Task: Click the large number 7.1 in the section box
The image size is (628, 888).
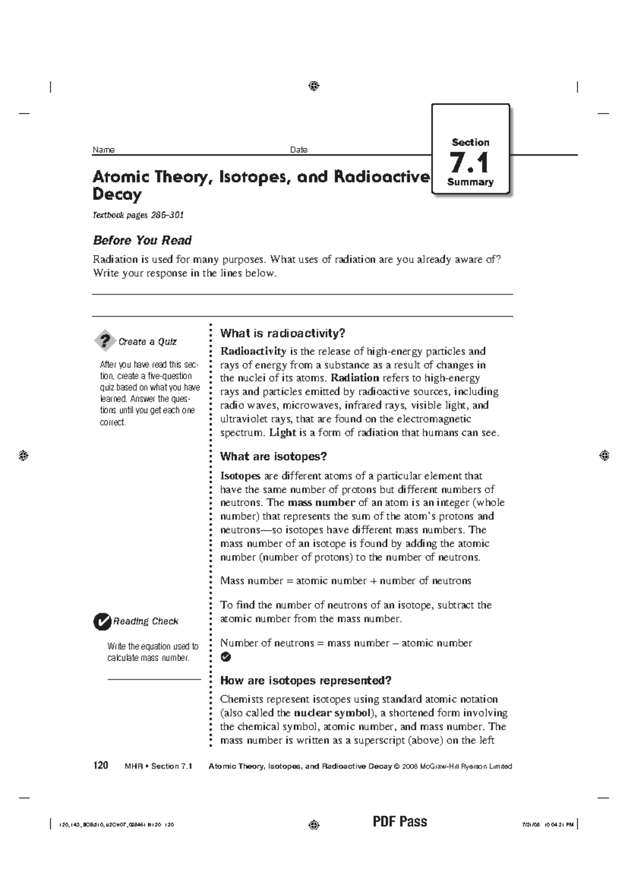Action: tap(469, 163)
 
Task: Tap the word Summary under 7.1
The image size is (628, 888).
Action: tap(470, 182)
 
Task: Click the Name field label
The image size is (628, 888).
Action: tap(104, 150)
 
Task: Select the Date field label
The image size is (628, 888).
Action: tap(299, 150)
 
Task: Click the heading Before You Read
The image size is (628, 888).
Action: tap(142, 240)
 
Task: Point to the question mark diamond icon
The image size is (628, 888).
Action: tap(105, 341)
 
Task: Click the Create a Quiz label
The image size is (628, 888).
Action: tap(148, 342)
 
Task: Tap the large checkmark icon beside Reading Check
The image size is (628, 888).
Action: tap(102, 621)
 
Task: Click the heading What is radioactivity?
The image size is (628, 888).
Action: tap(283, 334)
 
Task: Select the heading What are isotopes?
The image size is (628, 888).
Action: tap(273, 457)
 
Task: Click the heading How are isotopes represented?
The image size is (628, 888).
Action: tap(306, 681)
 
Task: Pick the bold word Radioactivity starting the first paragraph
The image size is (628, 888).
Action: tap(253, 351)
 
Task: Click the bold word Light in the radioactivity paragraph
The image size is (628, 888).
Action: tap(283, 433)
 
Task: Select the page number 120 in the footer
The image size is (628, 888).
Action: tap(100, 765)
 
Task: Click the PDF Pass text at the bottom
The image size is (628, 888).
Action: tap(400, 822)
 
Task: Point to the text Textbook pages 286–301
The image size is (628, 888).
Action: tap(138, 215)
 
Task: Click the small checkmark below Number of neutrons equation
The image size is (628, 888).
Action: tap(226, 657)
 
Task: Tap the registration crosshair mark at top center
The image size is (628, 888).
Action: tap(314, 86)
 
